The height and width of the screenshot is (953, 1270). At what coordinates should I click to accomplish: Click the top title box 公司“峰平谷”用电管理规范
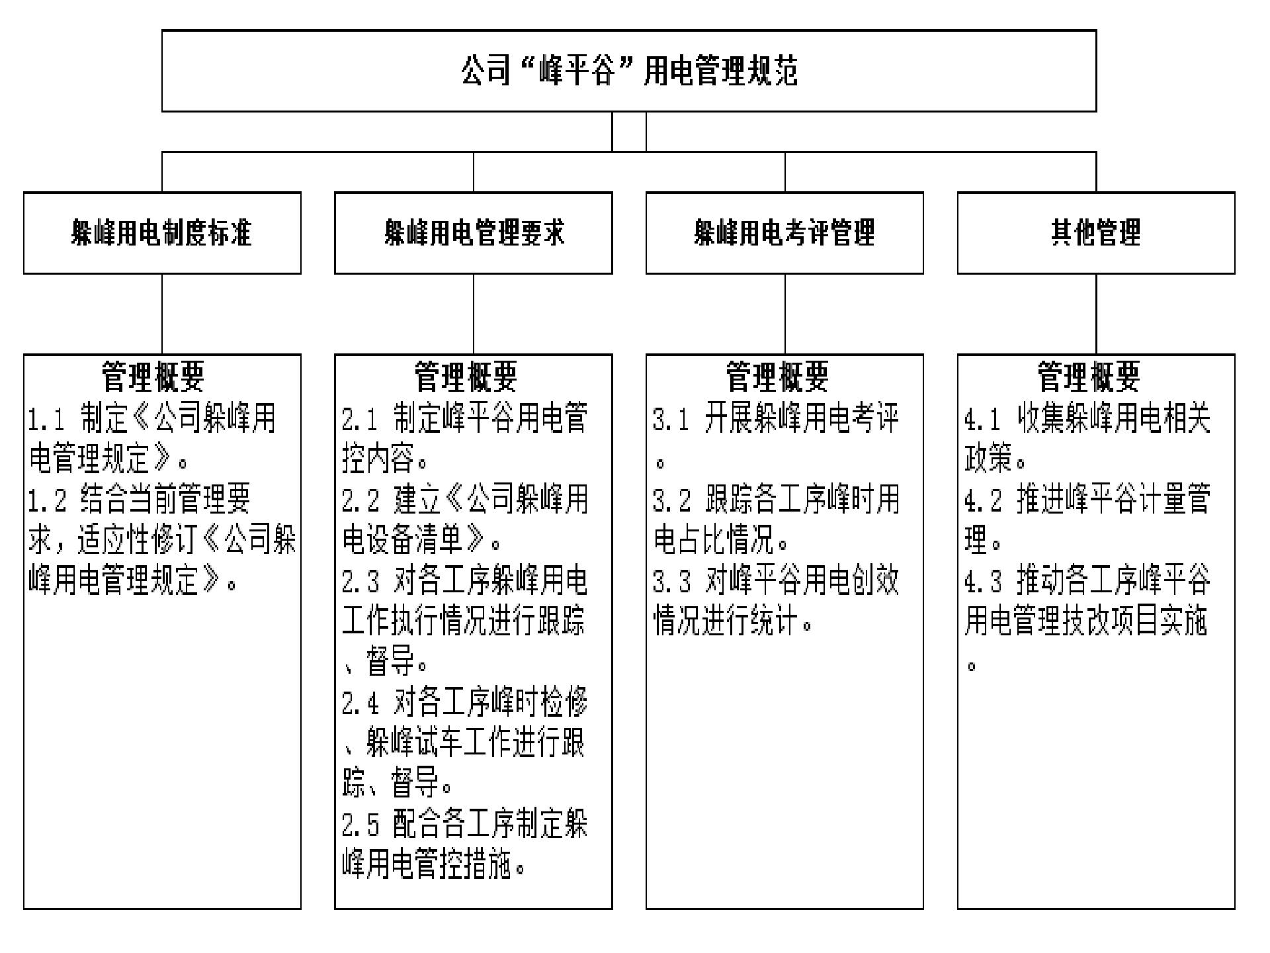click(x=629, y=71)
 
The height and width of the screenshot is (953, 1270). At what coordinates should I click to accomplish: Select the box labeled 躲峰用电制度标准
click(x=162, y=233)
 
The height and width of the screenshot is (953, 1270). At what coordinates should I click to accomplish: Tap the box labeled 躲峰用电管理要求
click(x=474, y=233)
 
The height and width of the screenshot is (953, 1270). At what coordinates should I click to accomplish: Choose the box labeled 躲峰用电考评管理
click(x=784, y=233)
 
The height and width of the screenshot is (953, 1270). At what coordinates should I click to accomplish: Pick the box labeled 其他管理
click(x=1096, y=233)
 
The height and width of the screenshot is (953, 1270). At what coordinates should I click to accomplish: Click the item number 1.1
click(x=47, y=419)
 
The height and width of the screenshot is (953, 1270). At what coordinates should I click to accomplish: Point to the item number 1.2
click(x=47, y=500)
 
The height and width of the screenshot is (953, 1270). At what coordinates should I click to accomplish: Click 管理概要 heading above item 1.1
click(x=153, y=377)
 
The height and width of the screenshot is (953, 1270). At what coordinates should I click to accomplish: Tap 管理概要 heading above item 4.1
click(x=1089, y=377)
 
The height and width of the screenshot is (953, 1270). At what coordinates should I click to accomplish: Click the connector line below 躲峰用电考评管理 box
click(x=785, y=314)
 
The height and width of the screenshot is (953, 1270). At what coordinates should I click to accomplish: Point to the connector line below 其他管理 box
click(x=1096, y=314)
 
